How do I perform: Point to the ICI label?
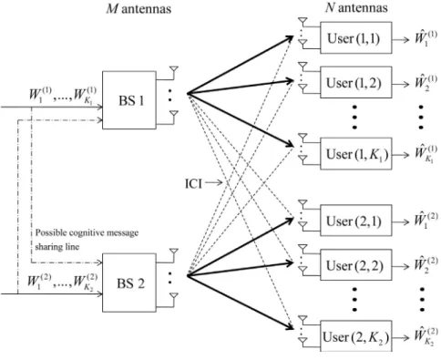(x=193, y=183)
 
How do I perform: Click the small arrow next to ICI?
(x=214, y=183)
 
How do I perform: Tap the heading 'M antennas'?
(x=138, y=9)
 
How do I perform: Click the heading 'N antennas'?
(x=356, y=8)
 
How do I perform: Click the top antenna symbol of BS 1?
(x=173, y=70)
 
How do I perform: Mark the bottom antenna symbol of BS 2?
(x=173, y=296)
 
